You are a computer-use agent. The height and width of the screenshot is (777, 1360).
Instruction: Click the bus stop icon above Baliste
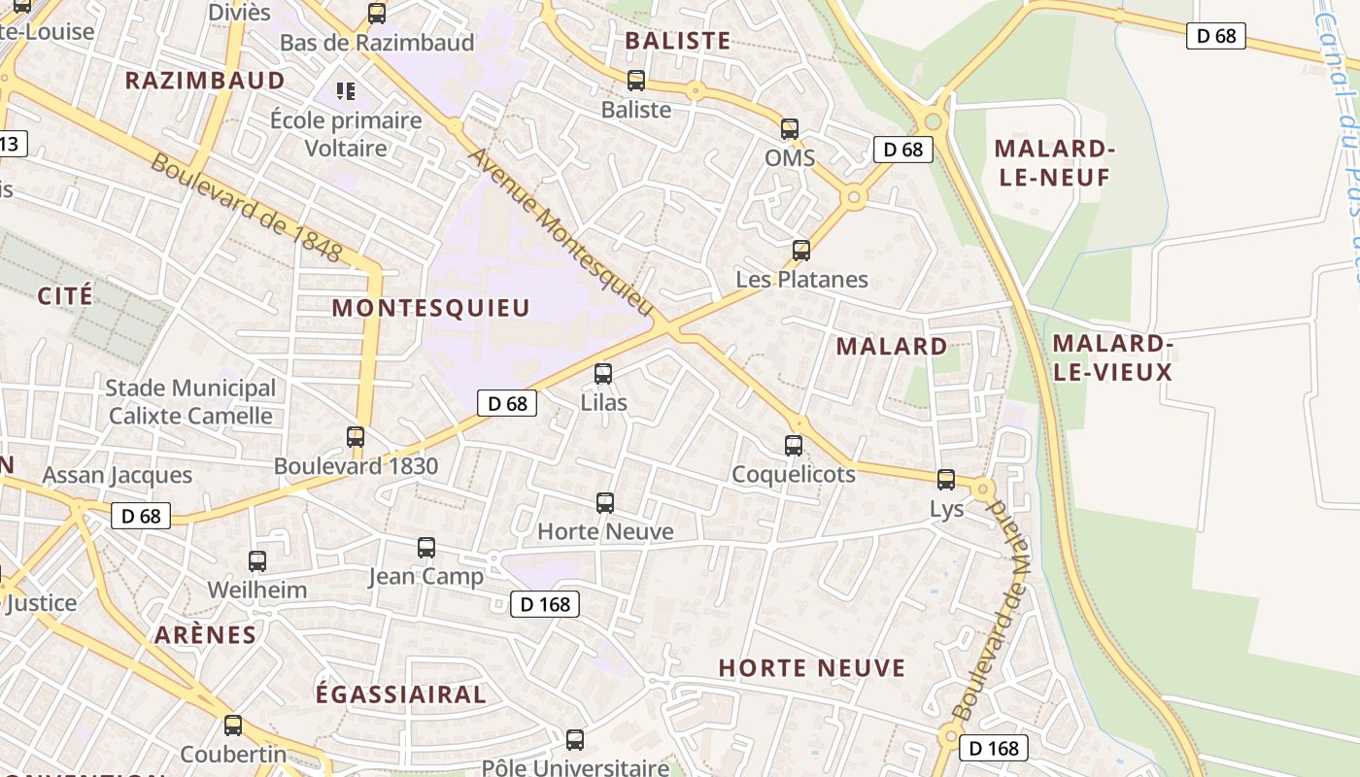(x=636, y=81)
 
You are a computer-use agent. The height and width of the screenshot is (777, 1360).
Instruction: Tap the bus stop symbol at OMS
(x=790, y=129)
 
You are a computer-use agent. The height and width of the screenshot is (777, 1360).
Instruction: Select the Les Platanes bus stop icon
(x=801, y=251)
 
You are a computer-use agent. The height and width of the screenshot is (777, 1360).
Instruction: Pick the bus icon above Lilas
(x=603, y=374)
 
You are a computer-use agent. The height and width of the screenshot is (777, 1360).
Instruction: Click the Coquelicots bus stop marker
(x=794, y=446)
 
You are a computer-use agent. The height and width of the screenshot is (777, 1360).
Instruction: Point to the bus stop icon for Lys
(x=946, y=480)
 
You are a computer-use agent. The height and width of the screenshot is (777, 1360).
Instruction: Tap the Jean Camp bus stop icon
(x=426, y=548)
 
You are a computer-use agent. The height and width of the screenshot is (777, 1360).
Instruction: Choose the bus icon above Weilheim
(x=257, y=561)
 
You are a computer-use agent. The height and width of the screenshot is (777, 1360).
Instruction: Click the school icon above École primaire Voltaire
(x=346, y=91)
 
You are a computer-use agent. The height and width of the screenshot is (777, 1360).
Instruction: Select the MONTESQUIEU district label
(x=431, y=308)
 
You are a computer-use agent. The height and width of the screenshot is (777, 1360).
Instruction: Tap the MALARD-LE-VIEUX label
(x=1113, y=357)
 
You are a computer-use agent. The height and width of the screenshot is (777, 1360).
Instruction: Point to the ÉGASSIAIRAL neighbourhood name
(x=401, y=694)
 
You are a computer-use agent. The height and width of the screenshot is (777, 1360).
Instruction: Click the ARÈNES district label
(x=205, y=635)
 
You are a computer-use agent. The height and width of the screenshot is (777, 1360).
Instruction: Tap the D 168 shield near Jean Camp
(x=545, y=604)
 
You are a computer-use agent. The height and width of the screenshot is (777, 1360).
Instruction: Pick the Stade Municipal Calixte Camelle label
(x=190, y=402)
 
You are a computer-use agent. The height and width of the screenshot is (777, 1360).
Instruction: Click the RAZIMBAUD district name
(x=205, y=80)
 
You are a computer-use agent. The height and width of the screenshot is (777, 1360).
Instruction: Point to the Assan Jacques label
(x=118, y=475)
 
